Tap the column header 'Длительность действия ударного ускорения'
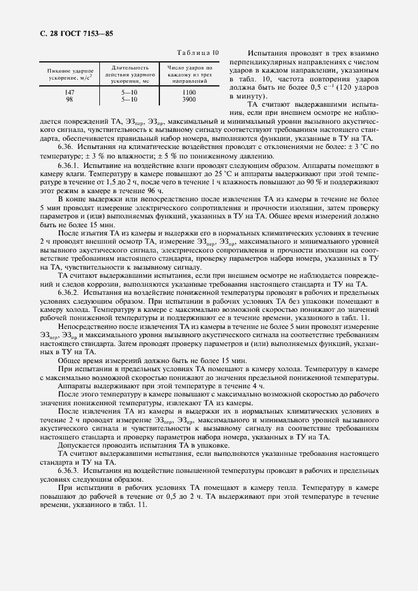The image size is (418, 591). pyautogui.click(x=130, y=74)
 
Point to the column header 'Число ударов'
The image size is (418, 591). pyautogui.click(x=188, y=74)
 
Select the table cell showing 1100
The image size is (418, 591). pyautogui.click(x=188, y=92)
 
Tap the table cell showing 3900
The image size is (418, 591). pyautogui.click(x=188, y=99)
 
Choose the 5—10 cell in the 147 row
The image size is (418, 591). pyautogui.click(x=130, y=92)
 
